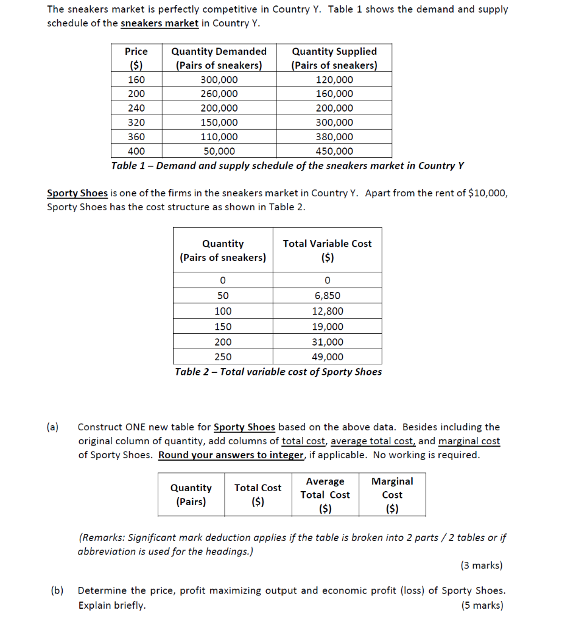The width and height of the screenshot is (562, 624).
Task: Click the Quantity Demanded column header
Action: pos(219,58)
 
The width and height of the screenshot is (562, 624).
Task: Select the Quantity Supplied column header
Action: pos(334,58)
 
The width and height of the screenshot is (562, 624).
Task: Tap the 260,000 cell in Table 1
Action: pos(219,94)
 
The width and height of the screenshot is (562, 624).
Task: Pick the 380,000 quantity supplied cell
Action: pos(334,137)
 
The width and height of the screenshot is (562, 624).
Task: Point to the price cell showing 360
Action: pos(136,137)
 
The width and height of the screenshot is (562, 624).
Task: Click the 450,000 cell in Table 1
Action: pos(334,152)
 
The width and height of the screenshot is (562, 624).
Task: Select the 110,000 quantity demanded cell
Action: pos(219,137)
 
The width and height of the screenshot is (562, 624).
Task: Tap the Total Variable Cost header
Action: pos(327,250)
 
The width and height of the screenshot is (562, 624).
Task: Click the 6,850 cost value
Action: pos(328,296)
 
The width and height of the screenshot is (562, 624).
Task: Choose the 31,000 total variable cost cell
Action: pos(328,342)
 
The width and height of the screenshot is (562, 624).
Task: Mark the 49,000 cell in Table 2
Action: pos(328,357)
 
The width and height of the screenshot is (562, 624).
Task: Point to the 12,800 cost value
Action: pos(328,311)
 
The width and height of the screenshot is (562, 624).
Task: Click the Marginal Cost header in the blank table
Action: pos(392,495)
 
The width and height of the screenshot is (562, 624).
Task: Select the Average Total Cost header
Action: pos(325,495)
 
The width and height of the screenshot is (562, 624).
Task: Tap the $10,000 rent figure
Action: pos(483,193)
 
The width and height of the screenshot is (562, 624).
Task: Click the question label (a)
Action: pos(54,427)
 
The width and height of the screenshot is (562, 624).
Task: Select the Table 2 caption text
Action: pos(278,372)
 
